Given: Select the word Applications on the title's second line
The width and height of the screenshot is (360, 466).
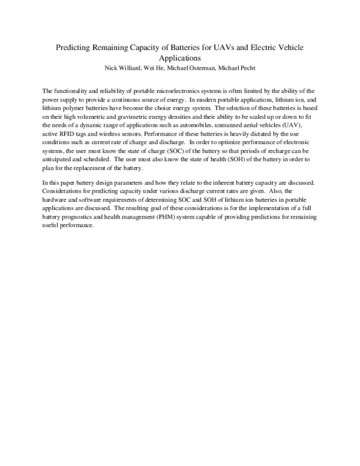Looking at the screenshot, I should coord(179,59).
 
